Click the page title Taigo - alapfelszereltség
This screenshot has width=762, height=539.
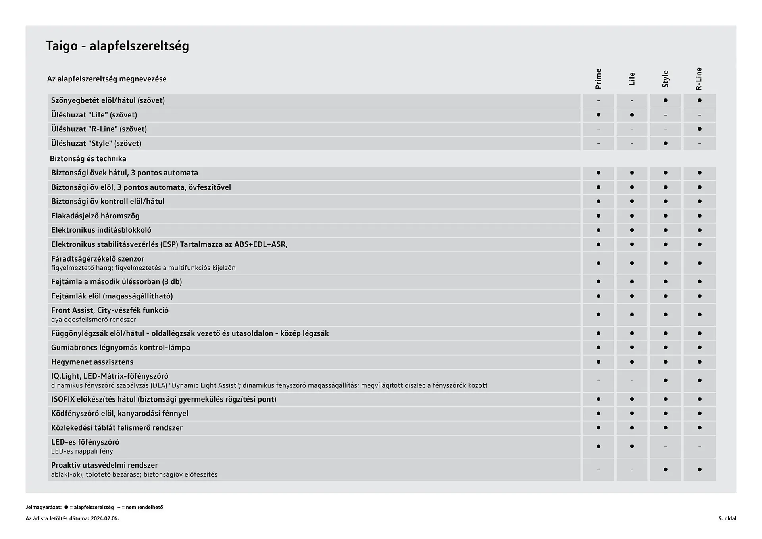[117, 46]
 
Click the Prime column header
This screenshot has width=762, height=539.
[598, 79]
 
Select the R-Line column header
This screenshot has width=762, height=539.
[699, 79]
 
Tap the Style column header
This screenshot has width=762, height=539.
[666, 79]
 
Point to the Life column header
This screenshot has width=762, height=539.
[632, 79]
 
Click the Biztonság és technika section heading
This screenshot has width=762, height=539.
[88, 159]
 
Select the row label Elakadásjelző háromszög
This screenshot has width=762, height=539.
[95, 216]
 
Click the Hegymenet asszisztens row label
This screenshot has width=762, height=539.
[92, 362]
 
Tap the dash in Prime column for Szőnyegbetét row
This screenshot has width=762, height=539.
[598, 101]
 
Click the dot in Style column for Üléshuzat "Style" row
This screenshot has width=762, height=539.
[666, 143]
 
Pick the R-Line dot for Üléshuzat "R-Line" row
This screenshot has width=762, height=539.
[699, 129]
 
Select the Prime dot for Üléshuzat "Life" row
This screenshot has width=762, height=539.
[598, 115]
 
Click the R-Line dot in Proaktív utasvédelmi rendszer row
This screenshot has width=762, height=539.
[699, 470]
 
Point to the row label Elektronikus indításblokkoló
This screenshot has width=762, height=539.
[101, 230]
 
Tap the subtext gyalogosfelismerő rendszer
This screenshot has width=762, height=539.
[94, 320]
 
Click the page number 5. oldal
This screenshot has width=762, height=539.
[727, 518]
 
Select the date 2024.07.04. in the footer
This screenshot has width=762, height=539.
[105, 518]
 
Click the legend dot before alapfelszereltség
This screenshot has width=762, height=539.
[66, 507]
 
